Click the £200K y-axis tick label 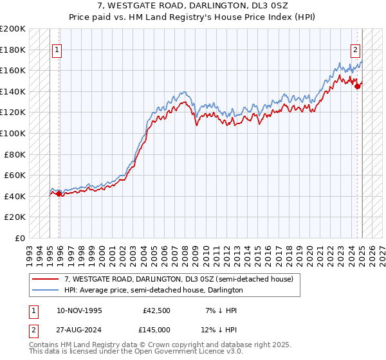(x=13, y=29)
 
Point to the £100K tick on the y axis (x=13, y=133)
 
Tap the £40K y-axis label (x=15, y=196)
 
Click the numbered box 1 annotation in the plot (x=57, y=50)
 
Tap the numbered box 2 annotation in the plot (x=355, y=49)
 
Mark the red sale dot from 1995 (x=59, y=194)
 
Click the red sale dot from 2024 (x=357, y=87)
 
